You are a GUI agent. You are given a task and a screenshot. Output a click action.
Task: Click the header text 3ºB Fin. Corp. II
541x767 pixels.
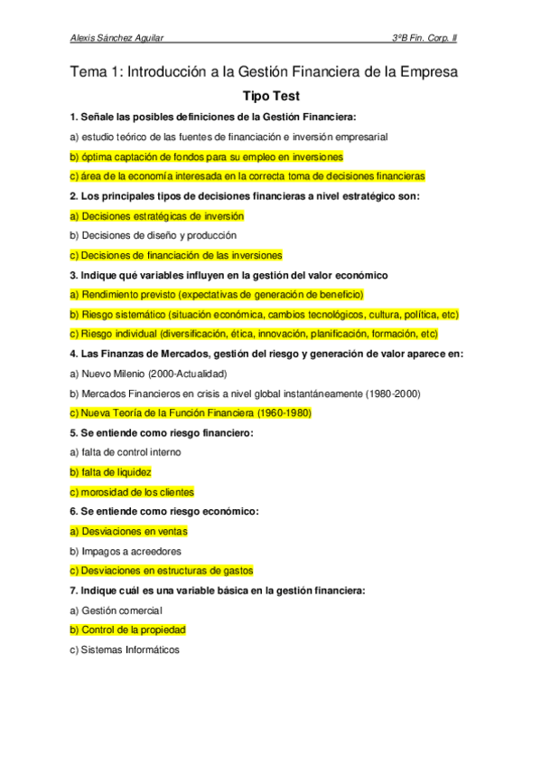[430, 38]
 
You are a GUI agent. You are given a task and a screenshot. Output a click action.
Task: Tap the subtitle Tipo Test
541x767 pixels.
[271, 95]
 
